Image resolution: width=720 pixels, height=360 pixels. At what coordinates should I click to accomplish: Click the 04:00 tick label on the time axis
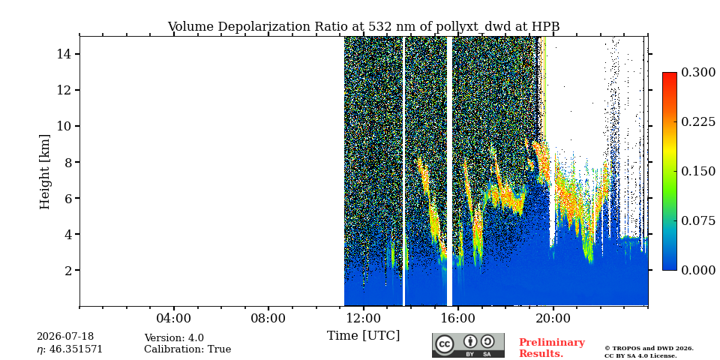point(174,318)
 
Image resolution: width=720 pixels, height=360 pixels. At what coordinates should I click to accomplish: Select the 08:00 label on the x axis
point(268,318)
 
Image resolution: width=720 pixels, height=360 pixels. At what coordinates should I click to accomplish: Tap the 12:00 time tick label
point(363,318)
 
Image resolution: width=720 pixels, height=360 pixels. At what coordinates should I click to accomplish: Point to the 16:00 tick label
point(458,318)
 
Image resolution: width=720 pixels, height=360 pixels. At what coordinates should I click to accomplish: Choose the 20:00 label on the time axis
point(553,318)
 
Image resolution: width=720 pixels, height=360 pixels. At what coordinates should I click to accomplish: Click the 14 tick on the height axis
point(64,54)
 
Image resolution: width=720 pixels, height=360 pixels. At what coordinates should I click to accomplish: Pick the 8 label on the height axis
point(68,162)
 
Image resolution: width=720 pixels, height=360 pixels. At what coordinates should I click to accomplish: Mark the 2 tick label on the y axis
point(68,270)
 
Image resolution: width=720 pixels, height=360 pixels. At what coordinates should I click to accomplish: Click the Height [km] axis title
point(44,172)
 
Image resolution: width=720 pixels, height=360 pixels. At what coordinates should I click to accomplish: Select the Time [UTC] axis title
point(363,336)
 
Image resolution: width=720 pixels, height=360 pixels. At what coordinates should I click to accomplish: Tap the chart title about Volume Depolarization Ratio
point(364,27)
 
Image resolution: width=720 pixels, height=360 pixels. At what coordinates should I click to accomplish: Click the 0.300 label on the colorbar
point(698,73)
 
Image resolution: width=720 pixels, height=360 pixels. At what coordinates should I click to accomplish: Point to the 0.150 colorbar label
point(698,171)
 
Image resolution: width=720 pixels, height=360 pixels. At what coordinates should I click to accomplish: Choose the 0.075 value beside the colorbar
point(698,220)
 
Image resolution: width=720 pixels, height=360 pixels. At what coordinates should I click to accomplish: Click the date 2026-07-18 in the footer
point(65,337)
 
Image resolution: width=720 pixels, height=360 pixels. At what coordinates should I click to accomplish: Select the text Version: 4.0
point(174,338)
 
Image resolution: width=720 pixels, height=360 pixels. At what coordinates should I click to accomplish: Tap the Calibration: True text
point(187,349)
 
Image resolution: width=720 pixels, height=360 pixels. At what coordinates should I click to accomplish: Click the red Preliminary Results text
point(552,348)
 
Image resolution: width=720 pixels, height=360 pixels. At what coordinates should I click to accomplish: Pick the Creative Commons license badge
point(468,345)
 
